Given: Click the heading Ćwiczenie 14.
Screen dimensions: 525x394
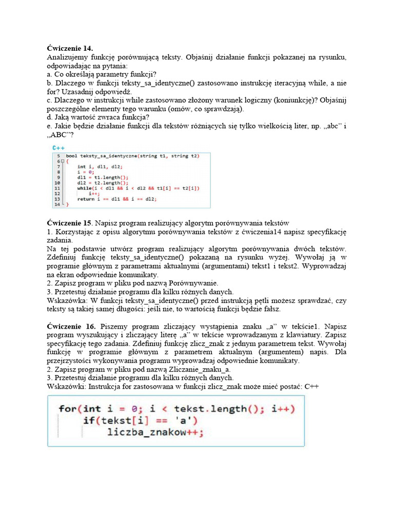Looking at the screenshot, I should (70, 48).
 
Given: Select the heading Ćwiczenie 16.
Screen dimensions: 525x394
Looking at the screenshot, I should (71, 326).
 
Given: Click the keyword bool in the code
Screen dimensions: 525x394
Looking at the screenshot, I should (71, 155).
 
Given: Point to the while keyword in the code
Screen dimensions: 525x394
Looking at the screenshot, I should (85, 188).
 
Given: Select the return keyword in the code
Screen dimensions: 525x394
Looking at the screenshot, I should (86, 199).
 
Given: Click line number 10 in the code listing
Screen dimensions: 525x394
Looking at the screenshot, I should (58, 183).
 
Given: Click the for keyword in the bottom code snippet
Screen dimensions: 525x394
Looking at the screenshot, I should (68, 409).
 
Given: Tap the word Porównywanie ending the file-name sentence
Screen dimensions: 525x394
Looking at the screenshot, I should (195, 282).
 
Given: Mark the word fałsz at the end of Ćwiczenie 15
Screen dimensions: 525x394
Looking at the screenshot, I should (270, 309).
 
